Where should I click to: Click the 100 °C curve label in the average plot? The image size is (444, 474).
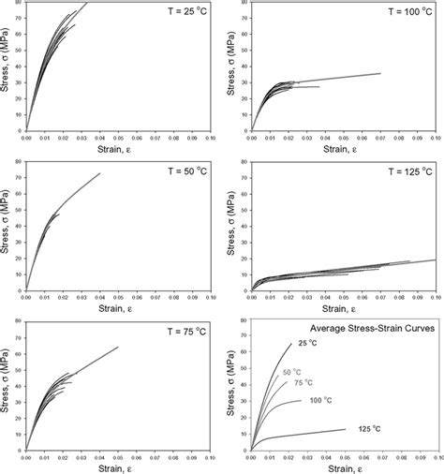347,401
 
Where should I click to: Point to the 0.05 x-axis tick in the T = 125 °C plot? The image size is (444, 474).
344,298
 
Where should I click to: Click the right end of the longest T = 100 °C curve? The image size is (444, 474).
380,73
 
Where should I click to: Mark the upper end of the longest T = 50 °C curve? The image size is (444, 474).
99,173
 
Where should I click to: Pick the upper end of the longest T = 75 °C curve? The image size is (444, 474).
118,348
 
